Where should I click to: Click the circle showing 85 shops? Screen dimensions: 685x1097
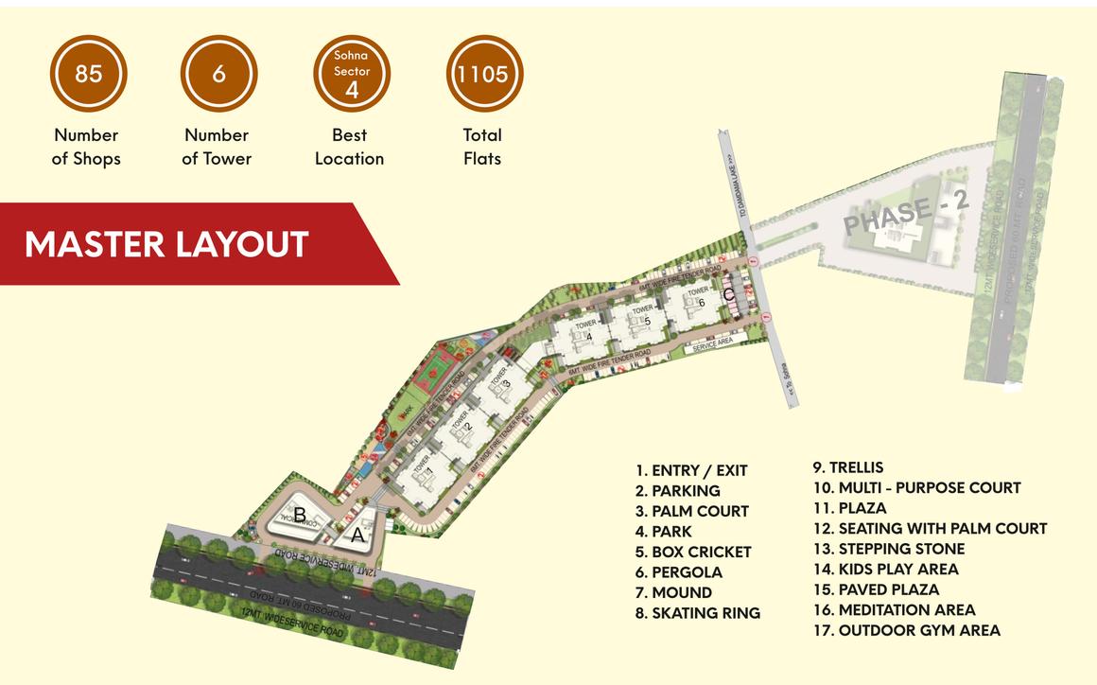click(x=88, y=74)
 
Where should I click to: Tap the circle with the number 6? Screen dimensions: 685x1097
click(x=218, y=74)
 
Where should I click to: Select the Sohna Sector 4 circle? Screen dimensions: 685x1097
click(x=352, y=74)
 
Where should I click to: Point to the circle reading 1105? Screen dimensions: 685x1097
click(x=483, y=74)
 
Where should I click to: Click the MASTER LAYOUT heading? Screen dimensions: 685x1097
click(x=166, y=244)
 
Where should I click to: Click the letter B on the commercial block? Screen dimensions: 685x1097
click(x=299, y=516)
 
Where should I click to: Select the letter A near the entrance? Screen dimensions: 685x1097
click(x=357, y=535)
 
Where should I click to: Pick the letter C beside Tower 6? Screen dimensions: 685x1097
click(x=728, y=294)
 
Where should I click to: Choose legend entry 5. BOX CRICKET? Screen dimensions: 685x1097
click(x=693, y=552)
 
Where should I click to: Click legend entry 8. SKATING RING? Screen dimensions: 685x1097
click(x=698, y=613)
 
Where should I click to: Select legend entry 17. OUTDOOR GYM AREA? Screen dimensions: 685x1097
click(x=906, y=630)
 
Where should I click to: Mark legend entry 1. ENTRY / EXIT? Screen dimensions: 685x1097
click(x=691, y=470)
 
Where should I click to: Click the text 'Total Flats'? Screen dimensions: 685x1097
click(x=482, y=147)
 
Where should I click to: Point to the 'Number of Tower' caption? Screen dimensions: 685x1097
click(x=217, y=147)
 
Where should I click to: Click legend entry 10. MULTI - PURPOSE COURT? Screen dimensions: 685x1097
click(x=916, y=488)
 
